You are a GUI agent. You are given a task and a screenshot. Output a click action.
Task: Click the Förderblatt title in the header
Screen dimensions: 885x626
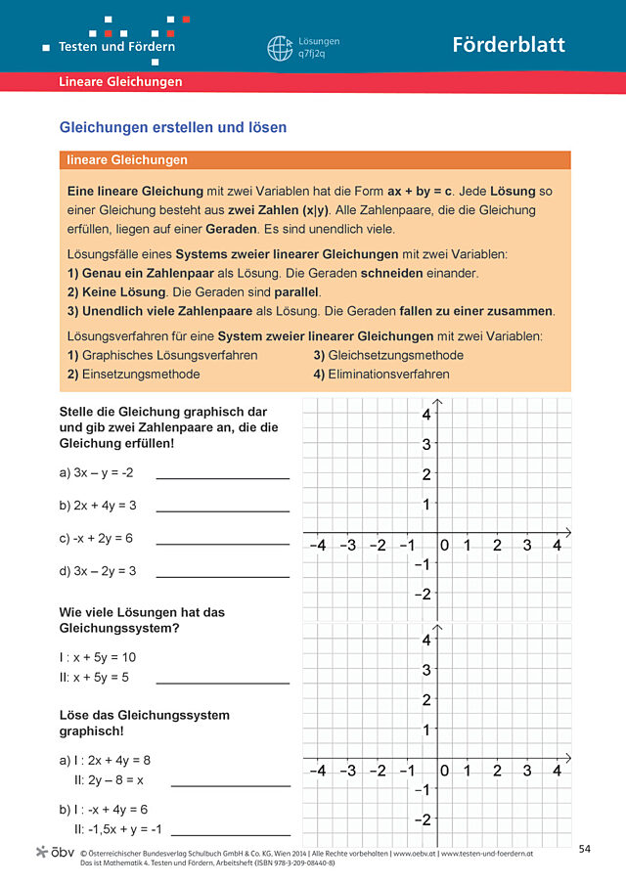pyautogui.click(x=508, y=45)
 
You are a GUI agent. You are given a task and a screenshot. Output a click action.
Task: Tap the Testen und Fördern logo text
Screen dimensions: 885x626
pyautogui.click(x=116, y=46)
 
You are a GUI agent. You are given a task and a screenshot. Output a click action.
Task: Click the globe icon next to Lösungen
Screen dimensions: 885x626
pyautogui.click(x=280, y=48)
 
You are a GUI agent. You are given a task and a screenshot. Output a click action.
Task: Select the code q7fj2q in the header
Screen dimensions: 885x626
pyautogui.click(x=314, y=55)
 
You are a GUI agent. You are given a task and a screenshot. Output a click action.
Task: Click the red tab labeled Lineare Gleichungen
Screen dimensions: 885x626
pyautogui.click(x=120, y=82)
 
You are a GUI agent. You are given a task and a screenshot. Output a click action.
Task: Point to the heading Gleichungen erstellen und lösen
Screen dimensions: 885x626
pyautogui.click(x=173, y=128)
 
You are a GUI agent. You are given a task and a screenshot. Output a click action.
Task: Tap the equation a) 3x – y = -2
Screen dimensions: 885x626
pyautogui.click(x=96, y=473)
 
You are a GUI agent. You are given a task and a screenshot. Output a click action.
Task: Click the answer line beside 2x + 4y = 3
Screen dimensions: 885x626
pyautogui.click(x=222, y=510)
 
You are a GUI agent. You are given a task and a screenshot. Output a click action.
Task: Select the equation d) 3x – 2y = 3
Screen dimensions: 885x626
pyautogui.click(x=98, y=570)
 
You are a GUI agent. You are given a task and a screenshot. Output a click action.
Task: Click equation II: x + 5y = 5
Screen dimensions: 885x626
pyautogui.click(x=95, y=677)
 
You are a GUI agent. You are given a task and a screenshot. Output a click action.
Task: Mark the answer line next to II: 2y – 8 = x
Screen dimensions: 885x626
pyautogui.click(x=230, y=785)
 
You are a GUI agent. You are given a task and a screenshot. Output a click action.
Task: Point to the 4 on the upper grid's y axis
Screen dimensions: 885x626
pyautogui.click(x=426, y=415)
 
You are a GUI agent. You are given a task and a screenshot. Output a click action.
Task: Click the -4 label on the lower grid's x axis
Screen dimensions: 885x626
pyautogui.click(x=317, y=771)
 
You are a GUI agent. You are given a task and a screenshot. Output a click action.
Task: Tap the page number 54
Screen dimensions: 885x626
pyautogui.click(x=585, y=847)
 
